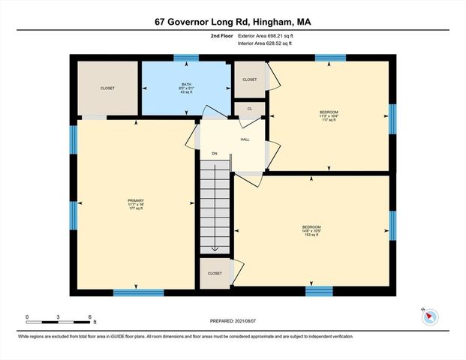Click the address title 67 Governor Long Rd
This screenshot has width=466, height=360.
[233, 22]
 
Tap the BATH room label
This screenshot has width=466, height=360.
[186, 87]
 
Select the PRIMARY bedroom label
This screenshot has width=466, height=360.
[135, 203]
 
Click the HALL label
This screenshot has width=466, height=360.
[245, 139]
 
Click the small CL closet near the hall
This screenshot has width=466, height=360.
[249, 109]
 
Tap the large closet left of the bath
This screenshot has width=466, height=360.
[108, 88]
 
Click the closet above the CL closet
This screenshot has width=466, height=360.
[249, 79]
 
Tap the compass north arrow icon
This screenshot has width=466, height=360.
[428, 316]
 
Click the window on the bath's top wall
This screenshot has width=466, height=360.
[186, 57]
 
